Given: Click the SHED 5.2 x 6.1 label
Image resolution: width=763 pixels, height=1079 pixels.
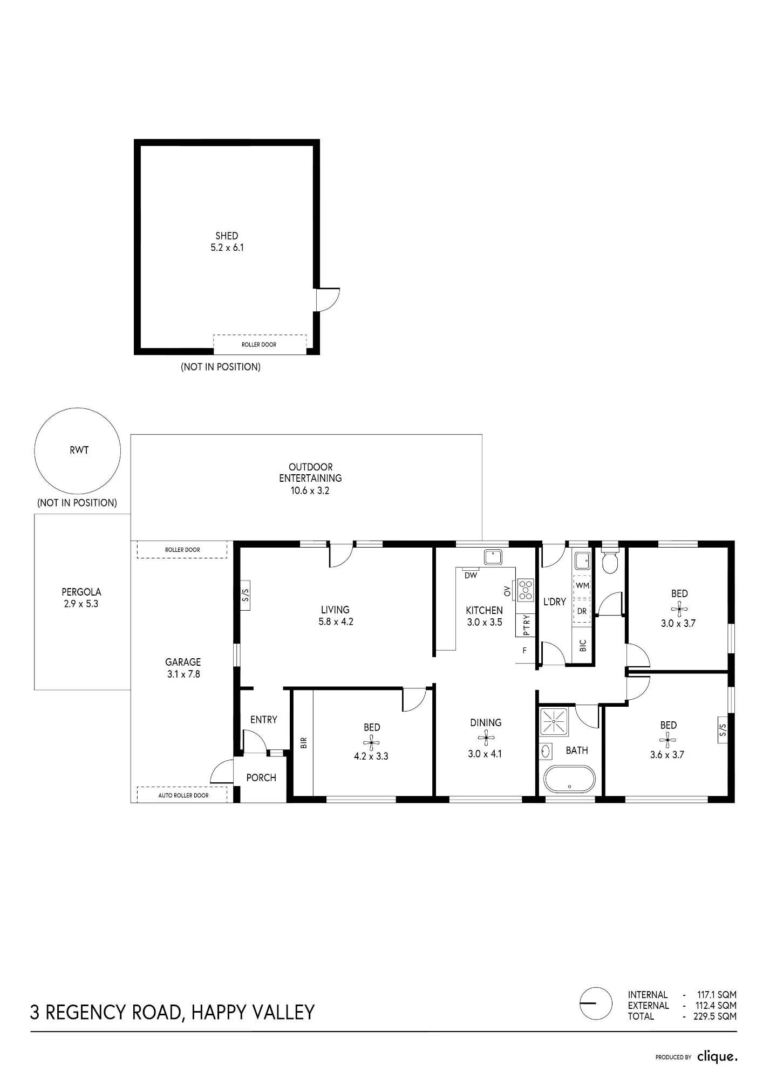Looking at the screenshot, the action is point(227,242).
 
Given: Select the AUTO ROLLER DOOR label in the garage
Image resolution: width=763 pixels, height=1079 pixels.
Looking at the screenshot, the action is point(183,795).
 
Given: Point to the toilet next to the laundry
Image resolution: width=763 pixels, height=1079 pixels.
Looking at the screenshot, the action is point(610,562).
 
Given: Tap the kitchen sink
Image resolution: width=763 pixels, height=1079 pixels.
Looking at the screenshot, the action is point(493,557).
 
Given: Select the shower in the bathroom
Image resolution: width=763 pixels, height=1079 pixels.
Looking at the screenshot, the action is point(554,722).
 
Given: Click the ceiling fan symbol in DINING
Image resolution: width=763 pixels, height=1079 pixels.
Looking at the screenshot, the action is point(486,737).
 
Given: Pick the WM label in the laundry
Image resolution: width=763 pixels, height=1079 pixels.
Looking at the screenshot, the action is point(583,585).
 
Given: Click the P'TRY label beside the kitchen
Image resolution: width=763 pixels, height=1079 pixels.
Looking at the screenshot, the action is point(526,626).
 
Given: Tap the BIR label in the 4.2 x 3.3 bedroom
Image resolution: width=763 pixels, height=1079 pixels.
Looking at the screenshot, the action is point(303,742).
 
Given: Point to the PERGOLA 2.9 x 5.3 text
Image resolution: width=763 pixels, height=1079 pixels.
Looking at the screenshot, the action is point(81,598).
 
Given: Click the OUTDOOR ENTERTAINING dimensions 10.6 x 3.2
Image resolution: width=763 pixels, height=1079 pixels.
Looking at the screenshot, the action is point(310,490).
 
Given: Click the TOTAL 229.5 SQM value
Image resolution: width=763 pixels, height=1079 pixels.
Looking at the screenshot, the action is point(715,1016).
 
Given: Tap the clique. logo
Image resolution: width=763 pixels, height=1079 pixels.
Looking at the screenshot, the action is point(717,1057).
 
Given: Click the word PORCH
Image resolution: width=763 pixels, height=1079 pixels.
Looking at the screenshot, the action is point(261,777).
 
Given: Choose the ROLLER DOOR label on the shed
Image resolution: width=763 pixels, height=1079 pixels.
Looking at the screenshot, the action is point(259,344).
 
